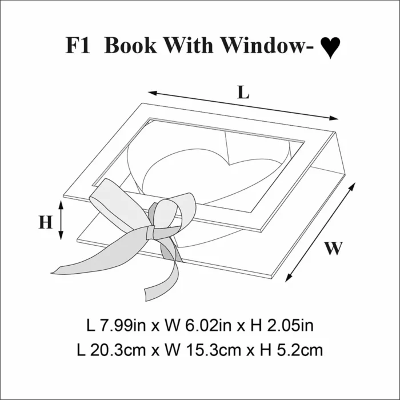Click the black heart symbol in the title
pyautogui.click(x=330, y=47)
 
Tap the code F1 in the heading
pyautogui.click(x=78, y=45)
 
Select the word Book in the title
pyautogui.click(x=130, y=45)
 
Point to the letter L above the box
pyautogui.click(x=243, y=92)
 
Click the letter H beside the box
pyautogui.click(x=46, y=222)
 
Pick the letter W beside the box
pyautogui.click(x=333, y=248)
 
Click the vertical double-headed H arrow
pyautogui.click(x=61, y=220)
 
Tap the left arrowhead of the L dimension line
pyautogui.click(x=153, y=93)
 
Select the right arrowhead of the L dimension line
pyautogui.click(x=334, y=118)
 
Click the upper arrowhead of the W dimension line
pyautogui.click(x=352, y=186)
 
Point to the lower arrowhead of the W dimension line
pyautogui.click(x=289, y=278)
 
